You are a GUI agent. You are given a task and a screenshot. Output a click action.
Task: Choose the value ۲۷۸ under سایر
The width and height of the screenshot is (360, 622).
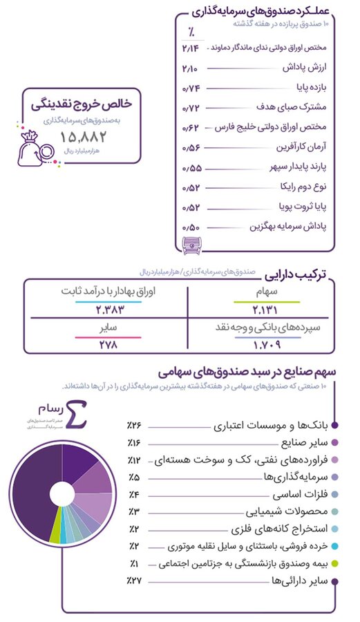click(x=101, y=344)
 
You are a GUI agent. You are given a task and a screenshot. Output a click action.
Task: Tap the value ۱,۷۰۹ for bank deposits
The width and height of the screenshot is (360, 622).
click(x=266, y=344)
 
